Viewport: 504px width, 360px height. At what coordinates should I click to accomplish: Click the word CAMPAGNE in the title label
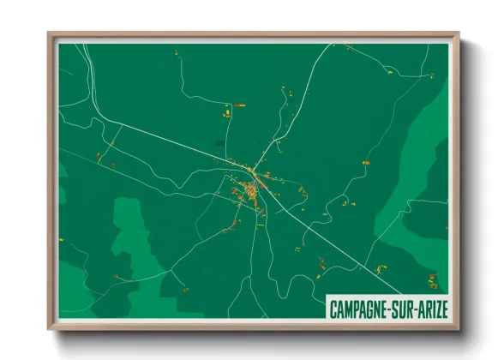coord(363,308)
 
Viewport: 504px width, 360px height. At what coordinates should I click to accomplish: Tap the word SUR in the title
coord(406,308)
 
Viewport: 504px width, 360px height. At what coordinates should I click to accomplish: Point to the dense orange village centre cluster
coord(251,191)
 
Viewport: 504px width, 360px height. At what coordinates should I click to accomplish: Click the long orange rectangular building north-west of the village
coord(239,105)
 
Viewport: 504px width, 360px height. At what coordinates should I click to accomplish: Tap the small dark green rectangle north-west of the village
coord(220,141)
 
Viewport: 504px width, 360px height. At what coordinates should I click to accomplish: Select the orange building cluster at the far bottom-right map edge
coord(432,279)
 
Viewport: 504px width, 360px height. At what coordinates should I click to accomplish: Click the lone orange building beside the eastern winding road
coord(366,162)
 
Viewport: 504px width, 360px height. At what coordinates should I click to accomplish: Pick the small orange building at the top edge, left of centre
coord(177,53)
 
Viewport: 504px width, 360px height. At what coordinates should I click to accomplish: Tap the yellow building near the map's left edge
coord(99,155)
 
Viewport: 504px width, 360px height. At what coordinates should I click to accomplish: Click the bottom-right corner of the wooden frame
coord(458,328)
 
